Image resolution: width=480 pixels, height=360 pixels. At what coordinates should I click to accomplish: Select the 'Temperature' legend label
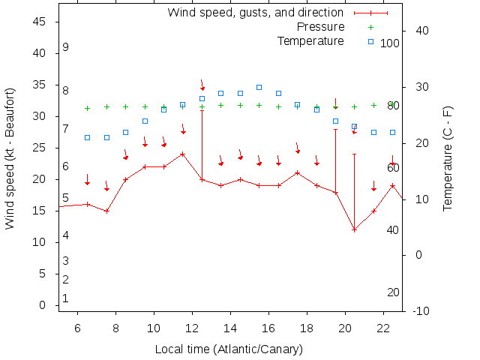[310, 40]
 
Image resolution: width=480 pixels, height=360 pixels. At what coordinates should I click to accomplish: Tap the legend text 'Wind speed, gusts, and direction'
[255, 13]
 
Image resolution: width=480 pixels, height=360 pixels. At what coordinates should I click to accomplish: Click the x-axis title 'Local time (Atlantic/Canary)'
[229, 349]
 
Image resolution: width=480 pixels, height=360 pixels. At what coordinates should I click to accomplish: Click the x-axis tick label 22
[383, 328]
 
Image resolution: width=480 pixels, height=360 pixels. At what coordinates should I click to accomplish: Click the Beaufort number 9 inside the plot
[66, 47]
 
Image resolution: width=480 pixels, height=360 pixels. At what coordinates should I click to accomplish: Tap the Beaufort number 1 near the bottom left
[66, 298]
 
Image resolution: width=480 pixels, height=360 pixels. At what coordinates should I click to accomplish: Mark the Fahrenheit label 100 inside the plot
[390, 43]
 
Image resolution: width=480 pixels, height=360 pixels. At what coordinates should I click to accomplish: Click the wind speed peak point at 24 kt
[183, 154]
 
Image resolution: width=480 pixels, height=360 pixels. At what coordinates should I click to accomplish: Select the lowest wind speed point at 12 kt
[354, 229]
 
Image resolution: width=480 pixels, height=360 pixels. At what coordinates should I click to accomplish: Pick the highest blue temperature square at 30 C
[259, 87]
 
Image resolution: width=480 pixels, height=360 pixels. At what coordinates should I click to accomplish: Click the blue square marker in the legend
[370, 41]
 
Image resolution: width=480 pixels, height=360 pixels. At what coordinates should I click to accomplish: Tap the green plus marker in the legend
[370, 27]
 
